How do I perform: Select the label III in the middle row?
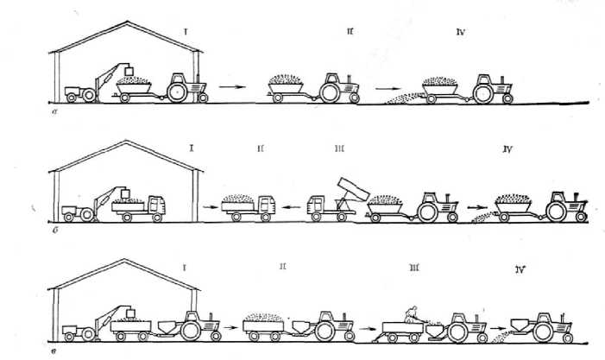[x=338, y=148]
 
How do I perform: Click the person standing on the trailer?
[x=411, y=313]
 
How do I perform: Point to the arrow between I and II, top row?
[x=230, y=86]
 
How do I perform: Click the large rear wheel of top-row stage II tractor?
[x=330, y=90]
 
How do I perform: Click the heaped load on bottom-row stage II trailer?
[x=265, y=318]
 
